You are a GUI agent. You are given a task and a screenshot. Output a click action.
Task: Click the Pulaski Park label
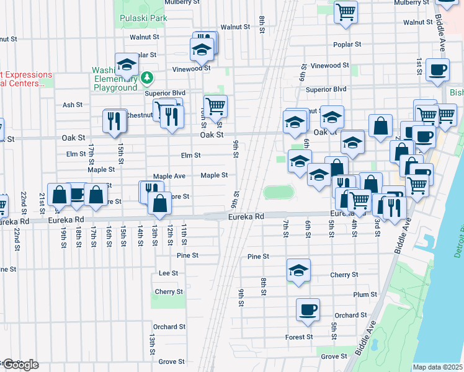[144, 19]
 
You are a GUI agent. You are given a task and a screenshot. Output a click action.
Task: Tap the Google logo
[20, 365]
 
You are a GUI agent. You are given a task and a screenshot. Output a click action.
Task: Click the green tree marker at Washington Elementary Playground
[147, 77]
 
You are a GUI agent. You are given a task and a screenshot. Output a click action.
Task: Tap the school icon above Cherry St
[298, 270]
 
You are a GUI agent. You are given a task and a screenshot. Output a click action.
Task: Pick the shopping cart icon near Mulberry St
[346, 12]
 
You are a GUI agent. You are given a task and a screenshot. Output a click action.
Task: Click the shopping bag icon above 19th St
[59, 194]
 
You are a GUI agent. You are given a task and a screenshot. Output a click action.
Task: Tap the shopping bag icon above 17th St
[96, 194]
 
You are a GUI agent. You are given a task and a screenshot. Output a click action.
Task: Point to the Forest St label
[299, 337]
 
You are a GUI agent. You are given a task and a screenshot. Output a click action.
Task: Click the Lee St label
[168, 273]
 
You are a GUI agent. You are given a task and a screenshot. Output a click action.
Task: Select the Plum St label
[363, 295]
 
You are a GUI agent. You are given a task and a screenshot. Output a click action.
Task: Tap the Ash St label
[73, 105]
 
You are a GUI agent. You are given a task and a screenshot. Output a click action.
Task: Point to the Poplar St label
[347, 45]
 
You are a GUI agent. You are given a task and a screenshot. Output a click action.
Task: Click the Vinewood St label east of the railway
[330, 66]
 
